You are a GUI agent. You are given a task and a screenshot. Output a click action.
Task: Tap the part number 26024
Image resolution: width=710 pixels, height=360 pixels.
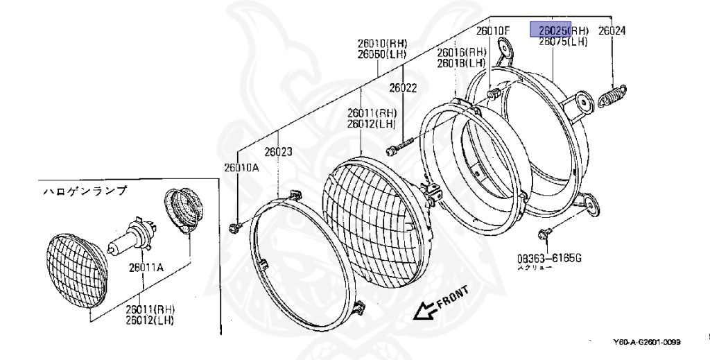pos(612,31)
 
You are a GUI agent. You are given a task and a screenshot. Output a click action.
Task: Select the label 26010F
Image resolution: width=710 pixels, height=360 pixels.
pos(492,31)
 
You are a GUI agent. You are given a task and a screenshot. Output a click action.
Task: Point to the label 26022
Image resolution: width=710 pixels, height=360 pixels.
pos(402,88)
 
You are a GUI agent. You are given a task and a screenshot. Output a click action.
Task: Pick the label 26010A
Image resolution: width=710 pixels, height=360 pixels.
pos(240,166)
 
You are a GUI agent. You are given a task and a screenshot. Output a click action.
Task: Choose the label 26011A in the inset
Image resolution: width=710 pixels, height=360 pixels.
pos(144,264)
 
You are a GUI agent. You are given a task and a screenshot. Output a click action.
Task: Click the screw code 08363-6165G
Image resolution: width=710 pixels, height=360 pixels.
pos(548,259)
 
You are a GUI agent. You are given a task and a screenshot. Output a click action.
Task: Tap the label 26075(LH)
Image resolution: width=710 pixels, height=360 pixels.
pos(563,42)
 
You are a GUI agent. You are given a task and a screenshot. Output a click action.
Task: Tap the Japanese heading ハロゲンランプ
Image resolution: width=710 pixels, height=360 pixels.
pos(85,191)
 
